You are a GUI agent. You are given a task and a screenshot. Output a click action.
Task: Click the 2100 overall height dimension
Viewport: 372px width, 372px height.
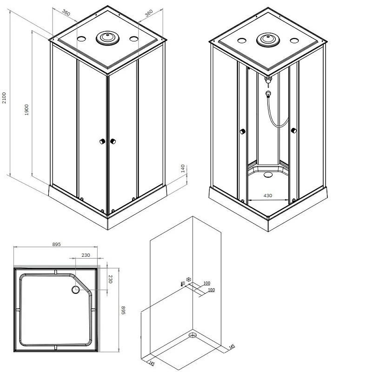pyautogui.click(x=4, y=97)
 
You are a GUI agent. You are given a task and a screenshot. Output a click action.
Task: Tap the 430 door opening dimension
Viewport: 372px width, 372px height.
pyautogui.click(x=267, y=196)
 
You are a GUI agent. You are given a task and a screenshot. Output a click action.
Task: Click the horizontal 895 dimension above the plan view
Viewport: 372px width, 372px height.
pyautogui.click(x=57, y=245)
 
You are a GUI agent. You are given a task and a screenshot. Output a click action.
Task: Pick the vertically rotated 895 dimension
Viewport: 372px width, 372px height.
pyautogui.click(x=123, y=310)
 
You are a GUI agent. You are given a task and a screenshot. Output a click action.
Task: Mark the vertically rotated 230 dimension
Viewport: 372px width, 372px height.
pyautogui.click(x=110, y=279)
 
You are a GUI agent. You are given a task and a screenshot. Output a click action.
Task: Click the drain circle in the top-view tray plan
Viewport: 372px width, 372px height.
pyautogui.click(x=76, y=290)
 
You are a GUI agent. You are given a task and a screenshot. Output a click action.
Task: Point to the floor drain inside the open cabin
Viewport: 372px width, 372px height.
pyautogui.click(x=267, y=175)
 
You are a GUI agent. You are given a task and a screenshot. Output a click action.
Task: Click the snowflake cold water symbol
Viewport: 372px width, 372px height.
pyautogui.click(x=188, y=280)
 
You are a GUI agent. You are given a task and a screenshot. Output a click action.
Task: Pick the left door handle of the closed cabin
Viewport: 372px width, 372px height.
pyautogui.click(x=101, y=141)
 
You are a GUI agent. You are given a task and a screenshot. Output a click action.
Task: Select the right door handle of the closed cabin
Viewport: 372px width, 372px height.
pyautogui.click(x=113, y=141)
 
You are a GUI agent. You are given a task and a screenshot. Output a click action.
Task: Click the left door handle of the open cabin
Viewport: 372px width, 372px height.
pyautogui.click(x=242, y=132)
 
